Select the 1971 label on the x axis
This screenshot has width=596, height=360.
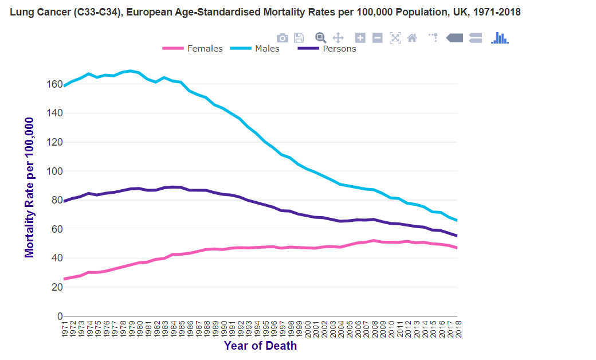(x=64, y=329)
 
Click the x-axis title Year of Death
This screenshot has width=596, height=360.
(x=260, y=346)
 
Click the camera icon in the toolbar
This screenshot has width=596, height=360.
(x=283, y=38)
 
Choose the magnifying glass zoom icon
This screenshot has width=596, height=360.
(x=321, y=38)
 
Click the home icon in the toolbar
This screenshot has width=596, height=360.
(x=411, y=38)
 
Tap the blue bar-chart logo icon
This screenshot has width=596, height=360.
(x=500, y=38)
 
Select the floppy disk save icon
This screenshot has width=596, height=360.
(x=299, y=38)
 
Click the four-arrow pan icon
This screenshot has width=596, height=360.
(x=338, y=38)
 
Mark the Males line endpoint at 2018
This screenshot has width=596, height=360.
(x=457, y=220)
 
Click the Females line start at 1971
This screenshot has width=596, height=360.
(x=64, y=279)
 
